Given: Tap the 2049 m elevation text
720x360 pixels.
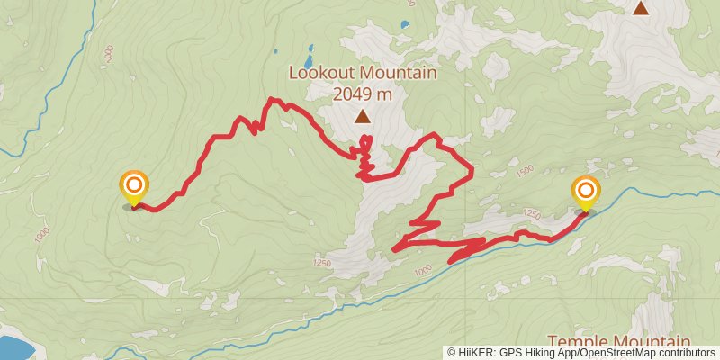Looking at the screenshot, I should [362, 93].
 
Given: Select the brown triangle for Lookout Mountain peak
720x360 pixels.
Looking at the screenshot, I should [362, 116].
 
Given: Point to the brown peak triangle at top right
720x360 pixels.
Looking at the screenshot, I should [640, 9].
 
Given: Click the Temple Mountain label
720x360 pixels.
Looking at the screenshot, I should [618, 342].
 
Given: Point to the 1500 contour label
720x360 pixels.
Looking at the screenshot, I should [525, 170].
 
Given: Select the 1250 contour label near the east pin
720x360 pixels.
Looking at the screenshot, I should [531, 214].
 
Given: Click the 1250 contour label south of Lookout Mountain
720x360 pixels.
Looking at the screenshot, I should [323, 263].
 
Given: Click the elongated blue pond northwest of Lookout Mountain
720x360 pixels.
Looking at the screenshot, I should [310, 49].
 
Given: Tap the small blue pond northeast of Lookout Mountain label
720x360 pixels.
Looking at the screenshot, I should [404, 23].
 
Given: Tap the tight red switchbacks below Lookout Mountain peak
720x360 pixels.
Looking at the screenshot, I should [365, 157].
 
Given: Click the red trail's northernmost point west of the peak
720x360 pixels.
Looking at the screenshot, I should [272, 99].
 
